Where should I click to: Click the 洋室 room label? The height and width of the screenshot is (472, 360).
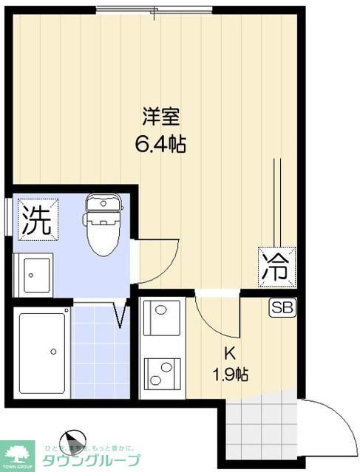(x=160, y=117)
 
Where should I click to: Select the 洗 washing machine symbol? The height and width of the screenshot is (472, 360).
(x=35, y=221)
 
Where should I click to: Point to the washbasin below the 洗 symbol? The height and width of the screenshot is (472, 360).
(x=34, y=274)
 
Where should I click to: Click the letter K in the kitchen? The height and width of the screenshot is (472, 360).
(x=231, y=352)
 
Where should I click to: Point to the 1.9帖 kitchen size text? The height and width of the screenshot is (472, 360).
(x=231, y=374)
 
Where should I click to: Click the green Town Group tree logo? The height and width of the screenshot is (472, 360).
(x=18, y=454)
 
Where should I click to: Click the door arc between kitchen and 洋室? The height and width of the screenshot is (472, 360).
(x=214, y=314)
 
